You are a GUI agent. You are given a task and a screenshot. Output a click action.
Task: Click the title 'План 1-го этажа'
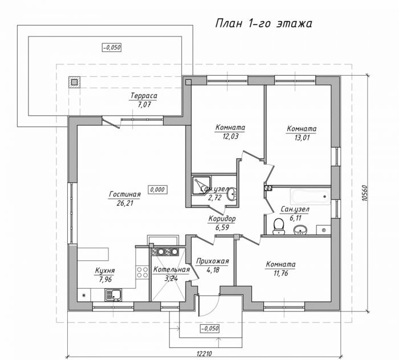point(263,23)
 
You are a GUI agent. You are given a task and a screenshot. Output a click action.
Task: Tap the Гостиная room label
point(125,194)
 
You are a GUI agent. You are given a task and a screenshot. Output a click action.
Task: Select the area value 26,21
point(125,203)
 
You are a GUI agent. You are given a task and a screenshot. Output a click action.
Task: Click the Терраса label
point(144,96)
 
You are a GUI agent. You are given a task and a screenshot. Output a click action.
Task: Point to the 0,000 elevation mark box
point(157,190)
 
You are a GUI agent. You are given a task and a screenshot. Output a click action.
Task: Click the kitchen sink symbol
point(113,295)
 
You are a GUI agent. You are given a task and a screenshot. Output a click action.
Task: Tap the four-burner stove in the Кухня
point(142,272)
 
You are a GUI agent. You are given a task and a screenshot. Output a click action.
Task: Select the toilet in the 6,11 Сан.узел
point(278,226)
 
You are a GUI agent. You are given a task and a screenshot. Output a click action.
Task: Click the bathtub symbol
point(311,197)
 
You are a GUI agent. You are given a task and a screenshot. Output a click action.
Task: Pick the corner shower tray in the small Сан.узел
point(201,186)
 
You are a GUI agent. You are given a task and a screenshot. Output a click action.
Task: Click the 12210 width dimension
point(204,354)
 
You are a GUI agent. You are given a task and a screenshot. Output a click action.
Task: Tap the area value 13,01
point(302,138)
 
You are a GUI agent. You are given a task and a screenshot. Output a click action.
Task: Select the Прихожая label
point(213,261)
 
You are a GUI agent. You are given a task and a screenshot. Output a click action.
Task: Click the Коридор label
point(222,219)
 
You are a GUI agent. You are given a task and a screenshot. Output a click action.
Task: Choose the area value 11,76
point(280,273)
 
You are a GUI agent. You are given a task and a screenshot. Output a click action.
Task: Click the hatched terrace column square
point(74,82)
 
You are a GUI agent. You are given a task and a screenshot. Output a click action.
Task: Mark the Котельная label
point(171,269)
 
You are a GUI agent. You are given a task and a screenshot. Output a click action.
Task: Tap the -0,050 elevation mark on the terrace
point(112,47)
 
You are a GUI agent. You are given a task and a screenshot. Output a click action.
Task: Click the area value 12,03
point(230,137)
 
